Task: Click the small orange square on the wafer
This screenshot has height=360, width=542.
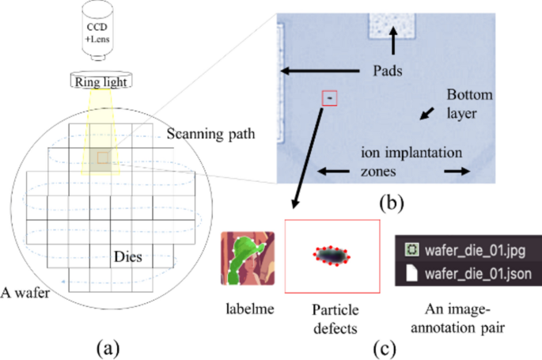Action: pyautogui.click(x=103, y=159)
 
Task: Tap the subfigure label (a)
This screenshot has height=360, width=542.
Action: pyautogui.click(x=108, y=346)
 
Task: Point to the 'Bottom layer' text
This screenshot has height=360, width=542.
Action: pyautogui.click(x=470, y=104)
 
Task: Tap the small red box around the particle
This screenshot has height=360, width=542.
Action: pyautogui.click(x=330, y=97)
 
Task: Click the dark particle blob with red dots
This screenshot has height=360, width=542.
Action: pyautogui.click(x=332, y=256)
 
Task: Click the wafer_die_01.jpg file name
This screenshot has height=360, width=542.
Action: pyautogui.click(x=471, y=251)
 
